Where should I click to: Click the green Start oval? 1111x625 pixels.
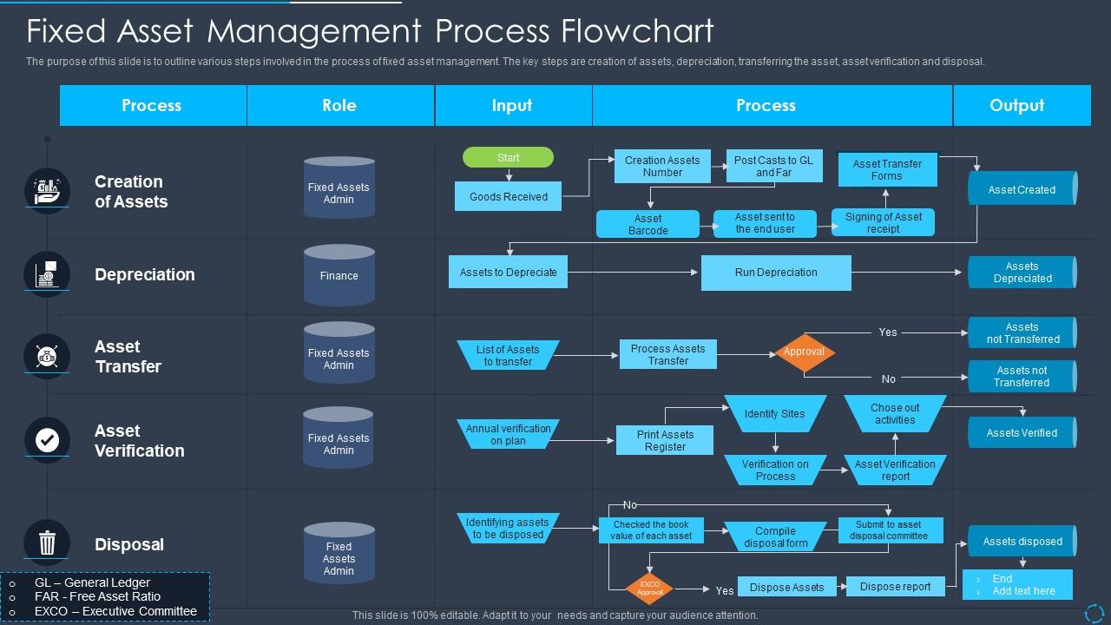[508, 157]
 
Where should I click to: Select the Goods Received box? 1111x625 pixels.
[509, 196]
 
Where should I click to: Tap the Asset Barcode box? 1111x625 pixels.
[648, 224]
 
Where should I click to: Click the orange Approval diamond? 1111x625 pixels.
[804, 352]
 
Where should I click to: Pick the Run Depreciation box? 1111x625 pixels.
[776, 273]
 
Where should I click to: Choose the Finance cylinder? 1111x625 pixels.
[339, 276]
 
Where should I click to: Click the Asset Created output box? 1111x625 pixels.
[1022, 189]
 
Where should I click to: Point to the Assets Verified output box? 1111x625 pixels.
[1022, 432]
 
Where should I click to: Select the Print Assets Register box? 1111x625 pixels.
[665, 440]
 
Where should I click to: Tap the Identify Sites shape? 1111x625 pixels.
[775, 414]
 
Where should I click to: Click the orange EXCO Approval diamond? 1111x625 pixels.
[650, 589]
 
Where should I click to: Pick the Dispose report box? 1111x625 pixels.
[895, 587]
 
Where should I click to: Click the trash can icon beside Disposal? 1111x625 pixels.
[47, 543]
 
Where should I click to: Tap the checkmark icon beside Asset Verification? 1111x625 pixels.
[47, 440]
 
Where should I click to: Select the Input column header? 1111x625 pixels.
[512, 105]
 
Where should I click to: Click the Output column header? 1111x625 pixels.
[1016, 105]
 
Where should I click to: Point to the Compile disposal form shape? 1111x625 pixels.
[775, 536]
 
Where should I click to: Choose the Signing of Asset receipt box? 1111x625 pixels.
[884, 223]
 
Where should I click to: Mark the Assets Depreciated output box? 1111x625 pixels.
[1022, 273]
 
